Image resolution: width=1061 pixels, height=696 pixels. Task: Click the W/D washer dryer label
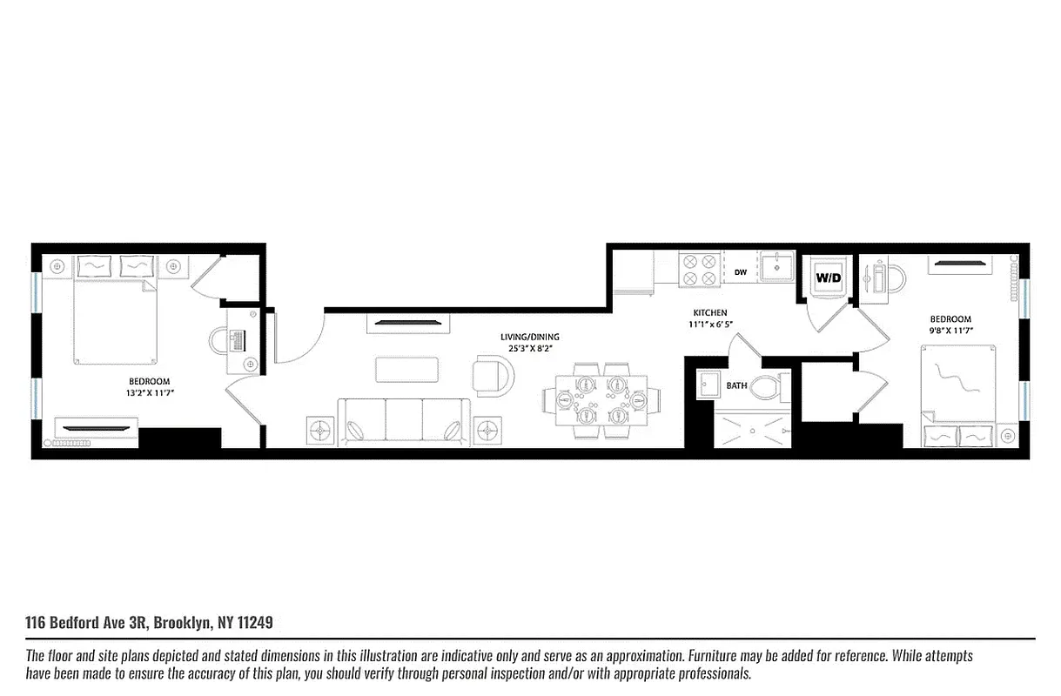tap(828, 278)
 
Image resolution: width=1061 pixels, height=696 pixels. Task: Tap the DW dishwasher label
tap(740, 272)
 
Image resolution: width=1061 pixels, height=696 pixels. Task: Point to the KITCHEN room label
tap(709, 313)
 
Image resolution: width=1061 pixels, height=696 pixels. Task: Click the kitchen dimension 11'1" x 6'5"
tap(711, 325)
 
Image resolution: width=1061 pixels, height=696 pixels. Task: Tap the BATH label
tap(736, 385)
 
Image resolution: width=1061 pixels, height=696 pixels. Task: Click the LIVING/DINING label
tap(529, 337)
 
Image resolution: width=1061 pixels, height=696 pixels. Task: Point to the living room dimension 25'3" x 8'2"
tap(529, 349)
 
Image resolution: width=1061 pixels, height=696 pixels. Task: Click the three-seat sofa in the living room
tap(403, 421)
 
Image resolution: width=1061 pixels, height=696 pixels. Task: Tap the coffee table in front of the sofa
tap(406, 369)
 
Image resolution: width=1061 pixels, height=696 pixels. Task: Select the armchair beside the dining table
tap(493, 375)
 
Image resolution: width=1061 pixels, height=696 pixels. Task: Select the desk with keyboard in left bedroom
tap(236, 340)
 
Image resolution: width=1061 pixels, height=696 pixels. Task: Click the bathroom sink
tap(708, 385)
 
